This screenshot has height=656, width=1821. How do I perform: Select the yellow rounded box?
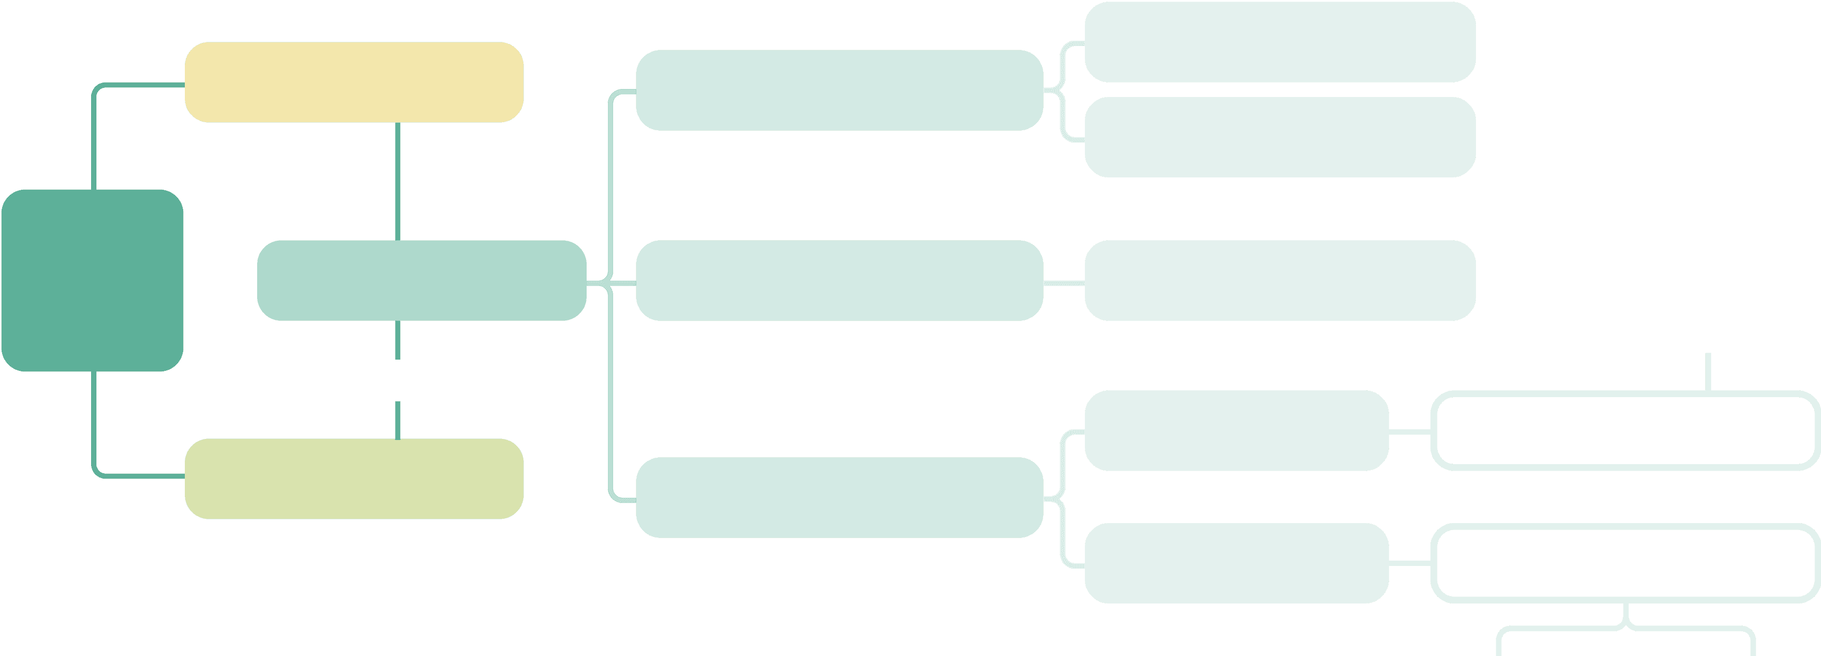coord(354,82)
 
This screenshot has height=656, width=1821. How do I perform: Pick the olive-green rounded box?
coord(354,479)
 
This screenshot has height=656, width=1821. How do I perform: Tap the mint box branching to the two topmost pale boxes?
coord(839,90)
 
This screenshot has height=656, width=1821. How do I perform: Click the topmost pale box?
coord(1279,42)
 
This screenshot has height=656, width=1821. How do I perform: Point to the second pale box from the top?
coord(1279,137)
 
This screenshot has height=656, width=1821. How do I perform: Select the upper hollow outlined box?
coord(1624,430)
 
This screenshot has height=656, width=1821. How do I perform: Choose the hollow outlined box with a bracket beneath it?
coord(1624,563)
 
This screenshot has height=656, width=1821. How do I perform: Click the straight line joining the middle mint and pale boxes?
coord(1064,283)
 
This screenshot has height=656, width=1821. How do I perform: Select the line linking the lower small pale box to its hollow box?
coord(1410,563)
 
